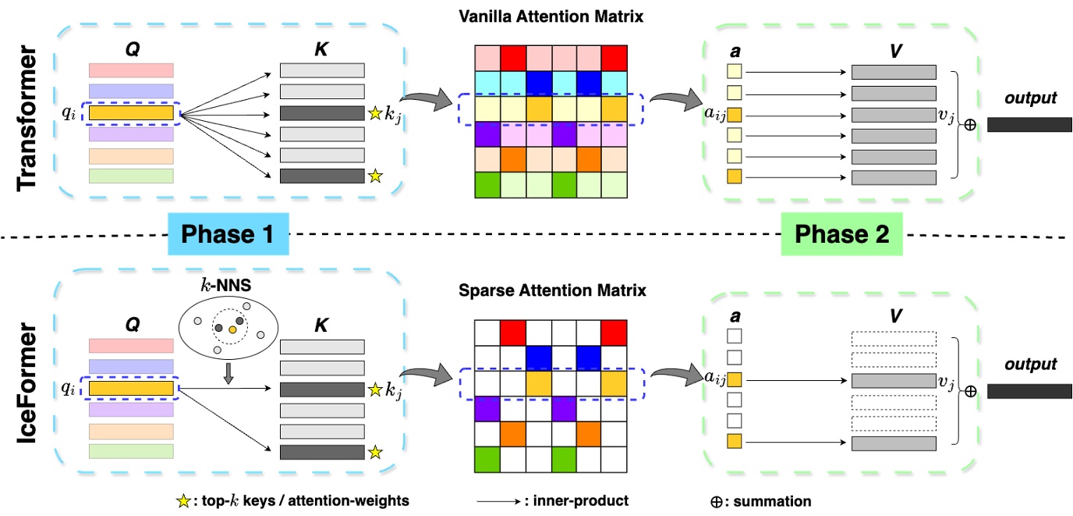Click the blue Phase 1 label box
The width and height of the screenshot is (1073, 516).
pyautogui.click(x=228, y=235)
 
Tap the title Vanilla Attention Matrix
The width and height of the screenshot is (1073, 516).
pyautogui.click(x=551, y=15)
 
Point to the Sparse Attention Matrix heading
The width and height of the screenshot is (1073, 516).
pyautogui.click(x=551, y=291)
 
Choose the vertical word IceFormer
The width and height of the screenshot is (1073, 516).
pyautogui.click(x=29, y=390)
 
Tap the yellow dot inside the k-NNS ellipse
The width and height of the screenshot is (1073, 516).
pyautogui.click(x=233, y=331)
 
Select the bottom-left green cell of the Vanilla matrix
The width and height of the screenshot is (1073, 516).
pyautogui.click(x=487, y=185)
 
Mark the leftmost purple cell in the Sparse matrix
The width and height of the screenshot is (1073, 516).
pyautogui.click(x=487, y=407)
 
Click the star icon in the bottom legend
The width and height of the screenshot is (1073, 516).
pyautogui.click(x=185, y=500)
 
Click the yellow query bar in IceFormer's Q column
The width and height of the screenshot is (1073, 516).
pyautogui.click(x=131, y=388)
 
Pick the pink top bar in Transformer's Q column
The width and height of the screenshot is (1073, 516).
pyautogui.click(x=131, y=71)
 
